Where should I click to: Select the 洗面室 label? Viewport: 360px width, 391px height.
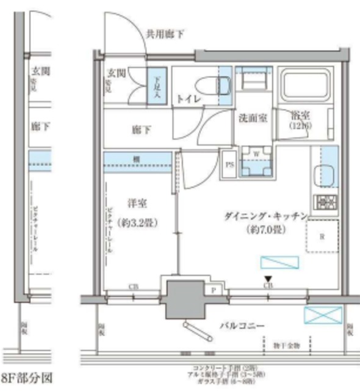[x=252, y=119]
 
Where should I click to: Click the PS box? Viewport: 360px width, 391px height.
[x=229, y=164]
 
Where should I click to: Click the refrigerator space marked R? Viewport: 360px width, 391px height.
[x=321, y=237]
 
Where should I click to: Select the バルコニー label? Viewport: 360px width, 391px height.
[x=242, y=326]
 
